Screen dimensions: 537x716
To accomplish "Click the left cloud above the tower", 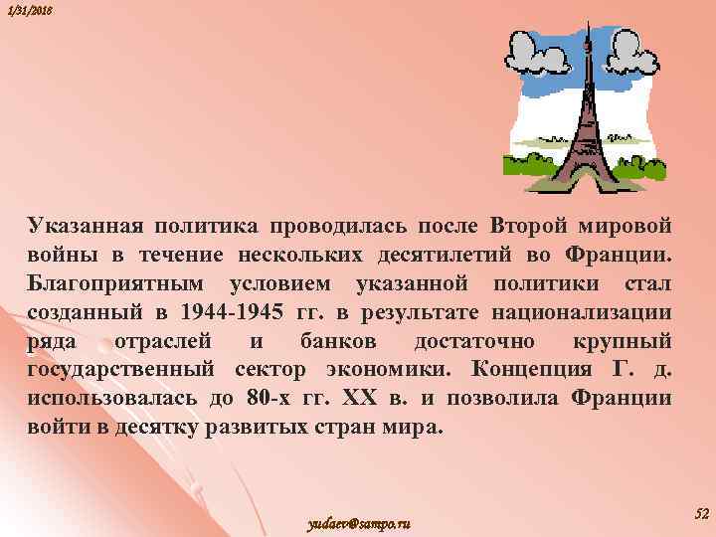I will pos(537,50).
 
